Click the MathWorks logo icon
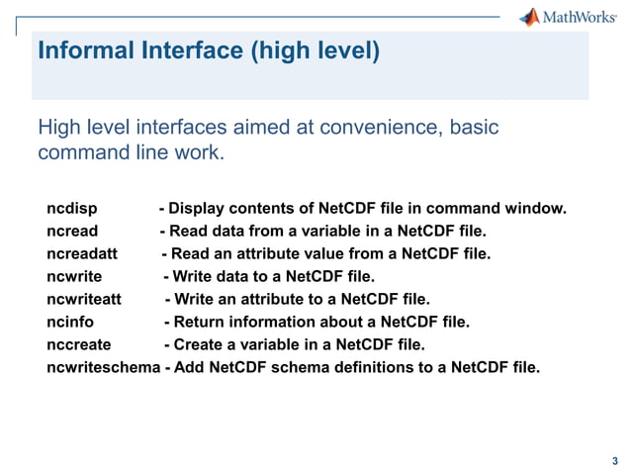point(530,17)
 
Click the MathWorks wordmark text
point(579,18)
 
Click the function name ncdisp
point(71,209)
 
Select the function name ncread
point(72,232)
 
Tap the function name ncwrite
point(74,277)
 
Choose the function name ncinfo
point(69,323)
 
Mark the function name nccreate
point(78,345)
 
